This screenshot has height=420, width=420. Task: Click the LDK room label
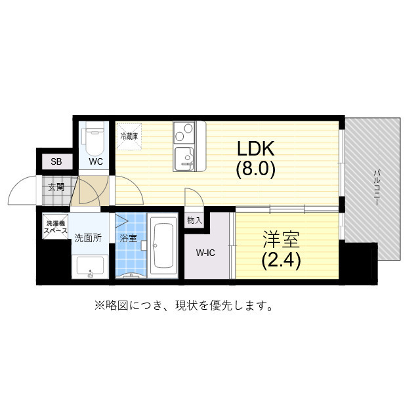256,148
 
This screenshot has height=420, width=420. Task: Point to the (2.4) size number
281,261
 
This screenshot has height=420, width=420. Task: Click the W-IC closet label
207,252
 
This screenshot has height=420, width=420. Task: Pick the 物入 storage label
194,220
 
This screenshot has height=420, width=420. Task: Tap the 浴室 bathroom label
129,238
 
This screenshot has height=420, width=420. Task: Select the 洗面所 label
87,238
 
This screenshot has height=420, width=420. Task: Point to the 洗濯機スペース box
56,226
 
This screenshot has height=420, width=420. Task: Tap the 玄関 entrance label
56,186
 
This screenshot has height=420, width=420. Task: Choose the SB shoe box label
56,161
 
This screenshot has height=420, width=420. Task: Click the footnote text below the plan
184,306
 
